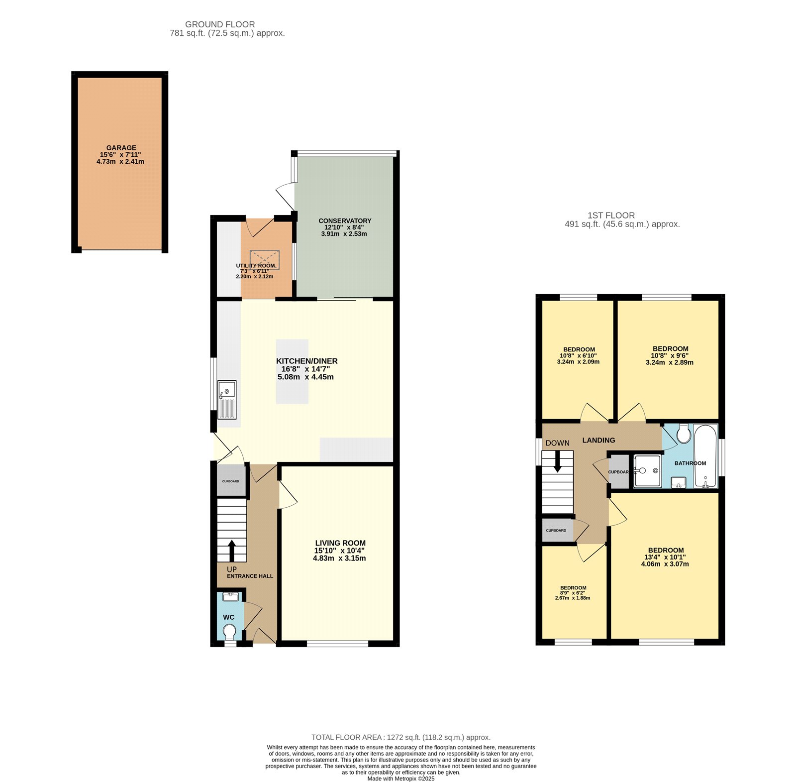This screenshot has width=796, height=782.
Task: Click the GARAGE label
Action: (121, 148)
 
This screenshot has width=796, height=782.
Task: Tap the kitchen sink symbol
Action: (227, 399)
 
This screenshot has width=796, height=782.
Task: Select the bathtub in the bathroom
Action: (705, 456)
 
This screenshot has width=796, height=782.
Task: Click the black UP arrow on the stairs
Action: (232, 551)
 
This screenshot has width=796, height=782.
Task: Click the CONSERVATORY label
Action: (345, 221)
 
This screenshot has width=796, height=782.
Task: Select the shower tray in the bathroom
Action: (647, 470)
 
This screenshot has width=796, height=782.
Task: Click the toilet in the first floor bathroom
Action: (684, 434)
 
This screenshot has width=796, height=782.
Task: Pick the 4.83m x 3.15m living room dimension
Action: (339, 559)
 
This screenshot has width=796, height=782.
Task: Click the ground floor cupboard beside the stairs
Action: (231, 481)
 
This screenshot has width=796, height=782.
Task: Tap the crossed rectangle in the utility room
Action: (264, 260)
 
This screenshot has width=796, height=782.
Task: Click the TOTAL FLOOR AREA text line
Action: (400, 737)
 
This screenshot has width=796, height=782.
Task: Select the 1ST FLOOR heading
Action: (611, 216)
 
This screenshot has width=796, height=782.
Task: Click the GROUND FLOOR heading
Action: (220, 24)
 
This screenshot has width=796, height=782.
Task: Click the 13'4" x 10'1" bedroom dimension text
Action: (665, 557)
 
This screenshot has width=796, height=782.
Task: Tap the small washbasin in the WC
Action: (230, 596)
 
